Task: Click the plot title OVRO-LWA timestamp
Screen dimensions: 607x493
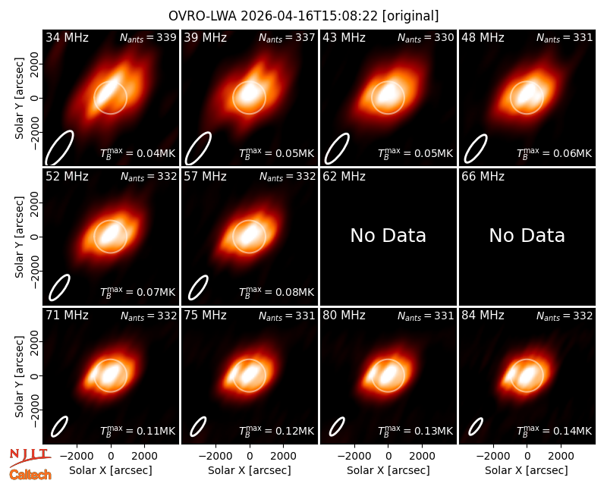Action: pyautogui.click(x=303, y=16)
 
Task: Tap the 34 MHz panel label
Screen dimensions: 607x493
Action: pyautogui.click(x=67, y=37)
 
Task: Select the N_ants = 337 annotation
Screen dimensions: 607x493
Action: pyautogui.click(x=287, y=37)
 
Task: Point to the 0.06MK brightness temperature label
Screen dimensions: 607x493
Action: pyautogui.click(x=554, y=153)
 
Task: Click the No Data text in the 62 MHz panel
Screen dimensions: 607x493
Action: pyautogui.click(x=388, y=235)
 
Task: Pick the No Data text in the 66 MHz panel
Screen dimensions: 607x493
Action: pyautogui.click(x=527, y=235)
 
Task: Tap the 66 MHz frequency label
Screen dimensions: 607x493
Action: pyautogui.click(x=483, y=177)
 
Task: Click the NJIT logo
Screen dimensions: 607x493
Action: pyautogui.click(x=30, y=457)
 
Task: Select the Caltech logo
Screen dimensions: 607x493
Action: pyautogui.click(x=30, y=475)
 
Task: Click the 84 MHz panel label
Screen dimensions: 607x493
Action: pyautogui.click(x=483, y=316)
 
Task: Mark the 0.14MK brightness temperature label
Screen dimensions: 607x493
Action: pyautogui.click(x=554, y=431)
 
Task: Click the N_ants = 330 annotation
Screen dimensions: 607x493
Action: pyautogui.click(x=426, y=37)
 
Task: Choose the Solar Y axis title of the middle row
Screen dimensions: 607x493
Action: pyautogui.click(x=19, y=237)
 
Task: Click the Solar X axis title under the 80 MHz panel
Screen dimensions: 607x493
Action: pyautogui.click(x=388, y=470)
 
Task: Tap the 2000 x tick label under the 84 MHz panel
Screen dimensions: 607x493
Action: pyautogui.click(x=561, y=457)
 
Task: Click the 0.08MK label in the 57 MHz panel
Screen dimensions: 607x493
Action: pyautogui.click(x=276, y=292)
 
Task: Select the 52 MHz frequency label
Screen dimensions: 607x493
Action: pyautogui.click(x=67, y=177)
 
